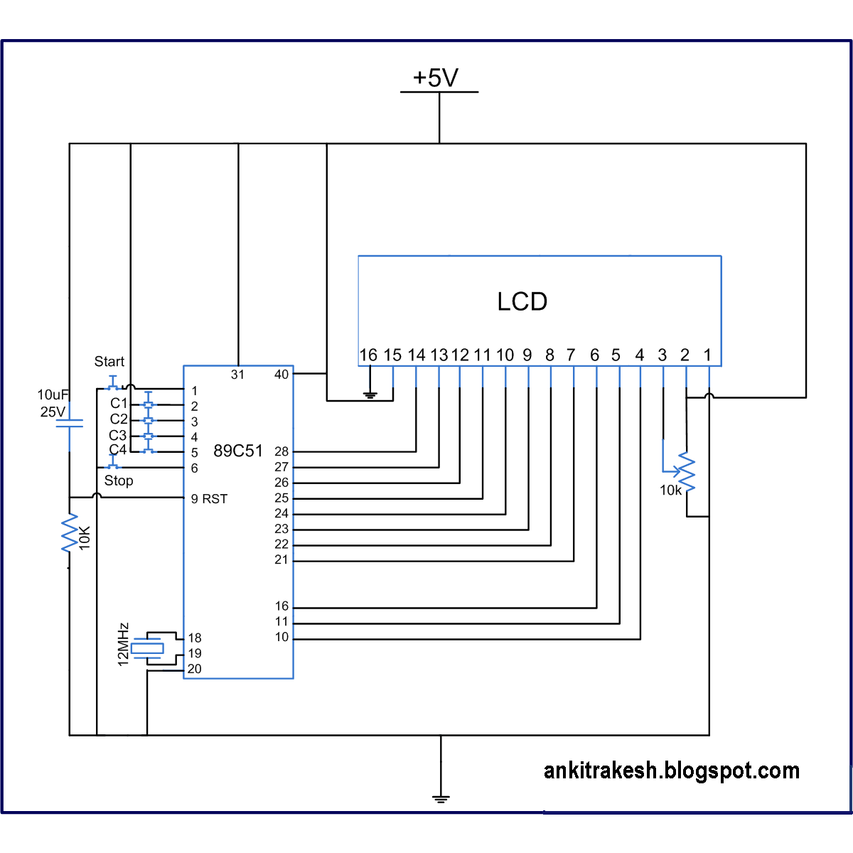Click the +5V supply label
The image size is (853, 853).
pos(436,77)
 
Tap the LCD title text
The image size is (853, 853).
pos(522,301)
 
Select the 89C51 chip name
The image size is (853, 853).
pos(238,451)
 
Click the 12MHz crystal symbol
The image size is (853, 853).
pos(149,648)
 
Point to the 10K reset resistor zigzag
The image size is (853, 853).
pos(70,532)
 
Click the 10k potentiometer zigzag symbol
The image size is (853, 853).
pos(687,471)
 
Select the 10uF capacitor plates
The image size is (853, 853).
pos(70,423)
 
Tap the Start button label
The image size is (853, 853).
pos(109,361)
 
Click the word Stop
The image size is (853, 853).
pos(119,481)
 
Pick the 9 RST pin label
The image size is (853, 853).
pos(209,499)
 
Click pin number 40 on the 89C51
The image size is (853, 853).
pos(281,375)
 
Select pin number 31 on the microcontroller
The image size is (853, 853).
pos(237,375)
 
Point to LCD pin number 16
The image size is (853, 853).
pos(368,355)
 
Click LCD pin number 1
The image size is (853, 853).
pos(707,355)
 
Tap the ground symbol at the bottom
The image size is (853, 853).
pos(441,798)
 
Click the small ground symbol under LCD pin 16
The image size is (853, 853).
pos(370,395)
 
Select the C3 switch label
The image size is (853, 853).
pos(118,435)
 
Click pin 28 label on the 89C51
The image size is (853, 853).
pos(281,451)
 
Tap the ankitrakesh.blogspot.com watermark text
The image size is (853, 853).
pos(672,771)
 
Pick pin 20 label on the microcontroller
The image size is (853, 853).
pos(194,669)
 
